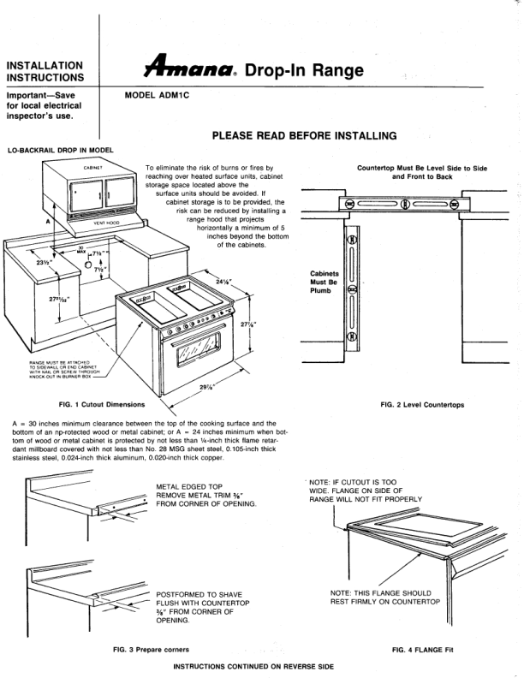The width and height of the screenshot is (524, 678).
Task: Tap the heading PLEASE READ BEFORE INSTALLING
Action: coord(304,134)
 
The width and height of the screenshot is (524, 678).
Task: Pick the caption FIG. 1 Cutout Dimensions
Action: coord(101,403)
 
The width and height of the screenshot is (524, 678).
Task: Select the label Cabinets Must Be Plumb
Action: coord(325,282)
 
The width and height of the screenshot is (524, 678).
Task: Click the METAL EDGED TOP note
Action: coord(206,496)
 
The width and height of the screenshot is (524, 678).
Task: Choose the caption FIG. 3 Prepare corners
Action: coord(151,650)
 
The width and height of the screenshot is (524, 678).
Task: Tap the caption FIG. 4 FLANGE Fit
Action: coord(421,650)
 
